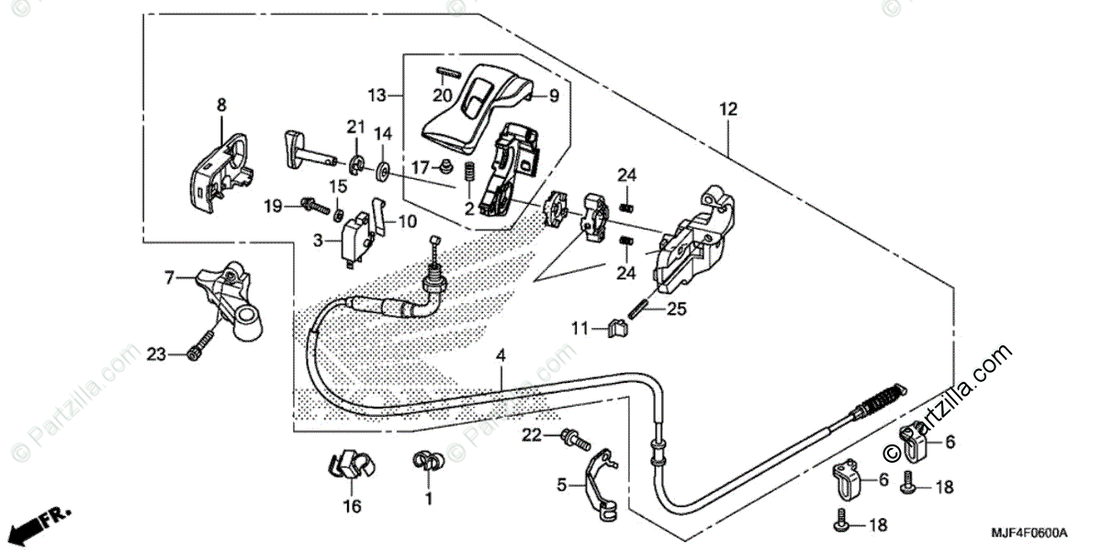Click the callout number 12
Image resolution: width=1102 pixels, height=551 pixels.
728,109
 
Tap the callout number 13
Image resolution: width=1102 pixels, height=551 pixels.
377,95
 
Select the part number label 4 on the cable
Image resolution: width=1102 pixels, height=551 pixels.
500,355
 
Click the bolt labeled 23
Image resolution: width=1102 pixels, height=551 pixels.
201,345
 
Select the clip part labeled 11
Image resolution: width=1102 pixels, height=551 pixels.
617,329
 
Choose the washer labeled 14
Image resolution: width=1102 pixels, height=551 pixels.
383,170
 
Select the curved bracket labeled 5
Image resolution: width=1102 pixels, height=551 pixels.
601,485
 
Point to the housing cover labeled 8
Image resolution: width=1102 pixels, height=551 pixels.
220,173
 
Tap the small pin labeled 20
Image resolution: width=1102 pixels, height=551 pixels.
448,73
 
